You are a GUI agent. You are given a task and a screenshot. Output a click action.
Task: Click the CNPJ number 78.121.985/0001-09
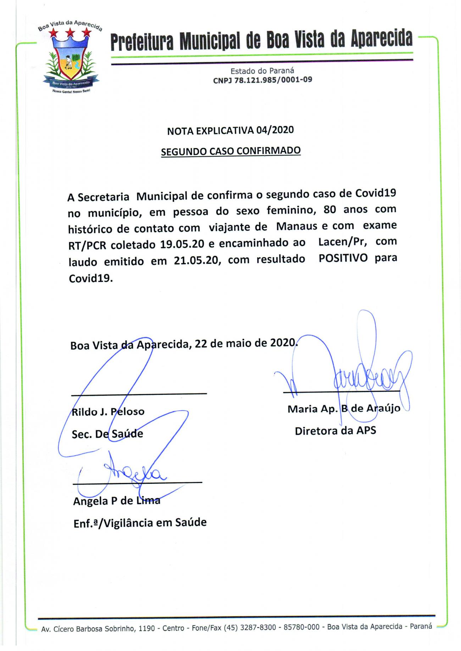click(x=262, y=80)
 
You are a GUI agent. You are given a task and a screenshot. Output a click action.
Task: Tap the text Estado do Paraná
click(x=262, y=71)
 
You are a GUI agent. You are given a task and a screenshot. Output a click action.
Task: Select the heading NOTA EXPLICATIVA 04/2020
click(x=230, y=130)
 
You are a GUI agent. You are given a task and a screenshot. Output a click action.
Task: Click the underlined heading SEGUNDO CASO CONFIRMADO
click(x=231, y=151)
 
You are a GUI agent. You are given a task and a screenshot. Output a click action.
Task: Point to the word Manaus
click(x=296, y=226)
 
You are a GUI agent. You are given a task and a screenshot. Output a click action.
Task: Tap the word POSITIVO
click(x=343, y=258)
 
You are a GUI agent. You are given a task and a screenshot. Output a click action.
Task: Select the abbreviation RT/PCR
click(x=87, y=245)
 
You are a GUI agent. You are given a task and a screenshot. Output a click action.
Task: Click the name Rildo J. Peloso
click(x=108, y=412)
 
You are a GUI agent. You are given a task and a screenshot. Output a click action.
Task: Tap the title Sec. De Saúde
click(x=107, y=434)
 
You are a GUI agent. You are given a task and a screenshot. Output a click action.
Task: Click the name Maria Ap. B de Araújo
click(x=344, y=409)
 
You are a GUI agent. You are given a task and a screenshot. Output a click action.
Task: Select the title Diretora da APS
click(x=335, y=431)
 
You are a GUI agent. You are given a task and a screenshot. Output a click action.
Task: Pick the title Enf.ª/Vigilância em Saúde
click(x=140, y=523)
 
